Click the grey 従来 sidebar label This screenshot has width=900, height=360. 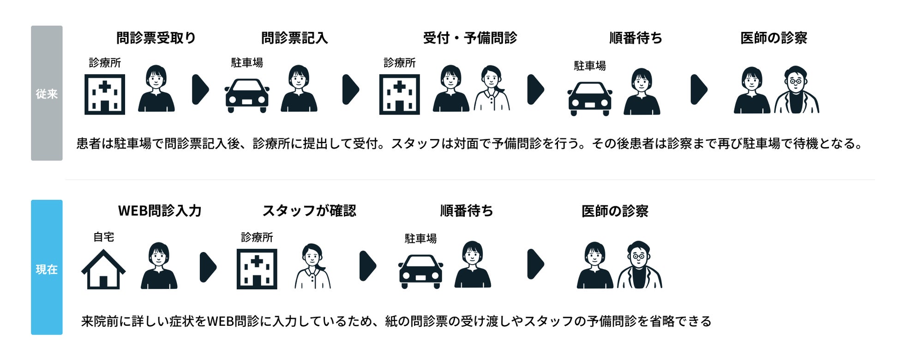point(47,93)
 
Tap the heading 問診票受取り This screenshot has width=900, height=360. point(156,38)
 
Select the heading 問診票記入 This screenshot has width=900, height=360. point(294,38)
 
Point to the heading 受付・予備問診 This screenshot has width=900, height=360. point(470,38)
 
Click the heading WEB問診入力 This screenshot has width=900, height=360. point(160,211)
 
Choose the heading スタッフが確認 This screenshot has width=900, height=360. point(309,211)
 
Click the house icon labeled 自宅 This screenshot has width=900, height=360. point(103,270)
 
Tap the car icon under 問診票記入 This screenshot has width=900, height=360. point(247,96)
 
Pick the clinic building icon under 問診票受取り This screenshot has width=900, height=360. point(105,94)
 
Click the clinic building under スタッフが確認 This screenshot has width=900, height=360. point(257,269)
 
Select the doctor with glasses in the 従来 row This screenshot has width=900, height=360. point(796,90)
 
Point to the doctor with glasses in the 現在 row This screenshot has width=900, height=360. point(639,265)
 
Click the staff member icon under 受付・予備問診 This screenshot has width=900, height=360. point(492,89)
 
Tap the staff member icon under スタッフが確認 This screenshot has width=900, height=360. point(313,266)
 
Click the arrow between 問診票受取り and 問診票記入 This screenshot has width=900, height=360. point(200,89)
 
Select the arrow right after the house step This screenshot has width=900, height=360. point(208,267)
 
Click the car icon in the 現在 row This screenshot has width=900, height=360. point(420,271)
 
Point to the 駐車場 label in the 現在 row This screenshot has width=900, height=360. point(420,239)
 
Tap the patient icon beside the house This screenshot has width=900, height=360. point(159,266)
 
